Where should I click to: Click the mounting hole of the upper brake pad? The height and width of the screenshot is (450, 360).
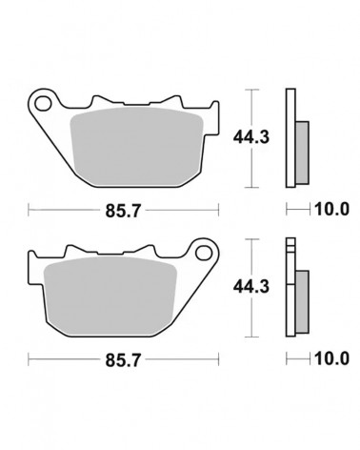pyautogui.click(x=43, y=103)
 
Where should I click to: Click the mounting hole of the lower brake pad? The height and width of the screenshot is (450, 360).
pyautogui.click(x=204, y=253)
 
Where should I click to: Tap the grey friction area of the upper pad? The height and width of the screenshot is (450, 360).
pyautogui.click(x=136, y=146)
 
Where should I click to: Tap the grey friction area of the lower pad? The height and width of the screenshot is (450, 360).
pyautogui.click(x=110, y=296)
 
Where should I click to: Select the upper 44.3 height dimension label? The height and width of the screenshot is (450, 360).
pyautogui.click(x=251, y=137)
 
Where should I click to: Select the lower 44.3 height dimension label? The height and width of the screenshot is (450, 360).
pyautogui.click(x=251, y=287)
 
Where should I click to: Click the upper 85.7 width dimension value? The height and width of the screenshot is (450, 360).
pyautogui.click(x=123, y=211)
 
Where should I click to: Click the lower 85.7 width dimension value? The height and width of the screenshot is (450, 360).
pyautogui.click(x=123, y=360)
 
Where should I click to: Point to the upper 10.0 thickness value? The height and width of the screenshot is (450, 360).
pyautogui.click(x=331, y=209)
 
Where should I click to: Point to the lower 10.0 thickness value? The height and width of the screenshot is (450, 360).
pyautogui.click(x=331, y=358)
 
